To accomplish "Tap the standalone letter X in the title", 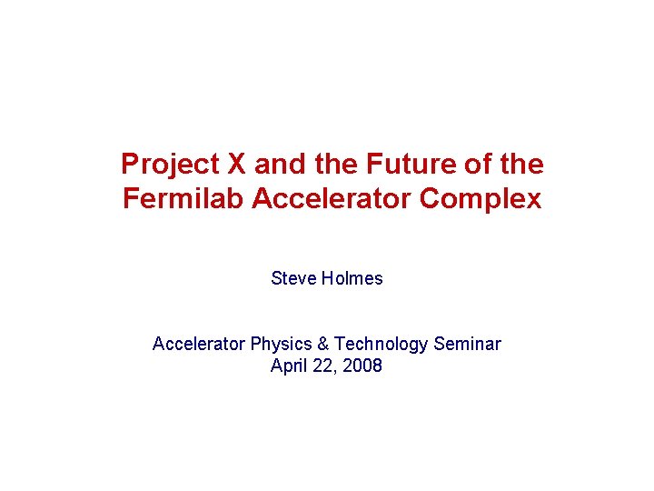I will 236,165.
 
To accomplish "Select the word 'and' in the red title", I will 275,165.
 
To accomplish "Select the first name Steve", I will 291,278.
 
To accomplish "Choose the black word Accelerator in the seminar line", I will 199,344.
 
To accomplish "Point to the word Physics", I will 281,344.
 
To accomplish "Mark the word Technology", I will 381,344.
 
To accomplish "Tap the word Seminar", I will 467,344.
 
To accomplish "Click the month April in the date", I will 289,366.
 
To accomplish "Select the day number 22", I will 324,366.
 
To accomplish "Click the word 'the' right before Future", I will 339,165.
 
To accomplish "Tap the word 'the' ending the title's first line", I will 520,165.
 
